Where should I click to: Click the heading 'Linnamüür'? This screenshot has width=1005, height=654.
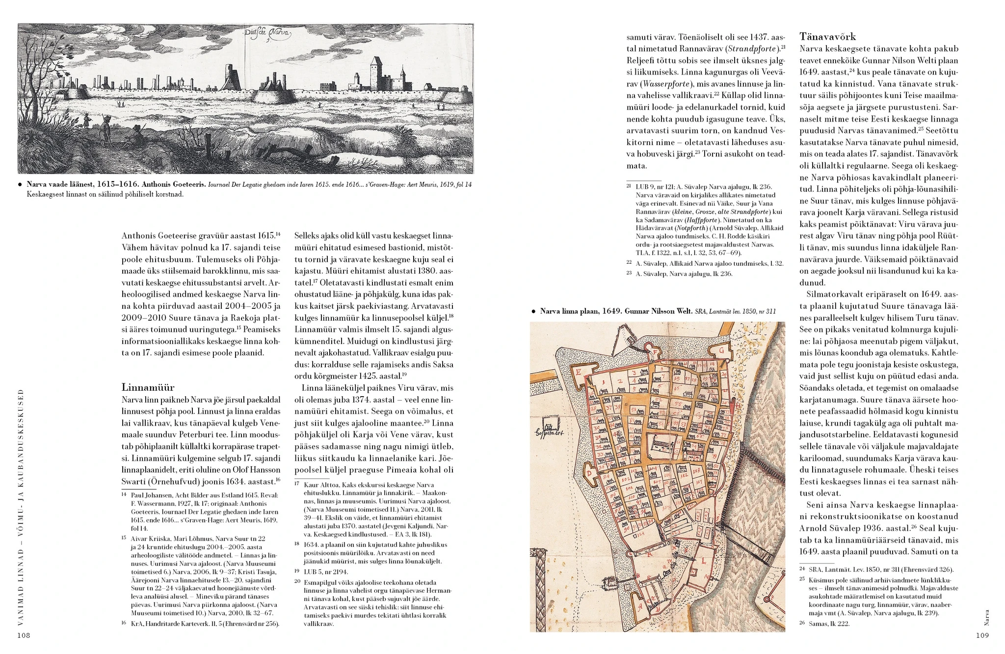[x=148, y=387]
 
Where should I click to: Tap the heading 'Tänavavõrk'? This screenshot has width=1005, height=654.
[x=828, y=36]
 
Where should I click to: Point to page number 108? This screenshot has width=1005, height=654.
[x=24, y=635]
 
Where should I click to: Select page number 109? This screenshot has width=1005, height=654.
[x=981, y=635]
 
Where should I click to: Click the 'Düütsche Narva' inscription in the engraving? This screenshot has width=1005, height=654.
[x=268, y=34]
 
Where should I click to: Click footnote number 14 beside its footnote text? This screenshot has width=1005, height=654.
[x=125, y=495]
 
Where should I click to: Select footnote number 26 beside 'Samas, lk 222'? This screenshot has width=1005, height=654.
[x=802, y=624]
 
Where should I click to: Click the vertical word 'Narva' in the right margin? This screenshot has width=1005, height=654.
[x=986, y=616]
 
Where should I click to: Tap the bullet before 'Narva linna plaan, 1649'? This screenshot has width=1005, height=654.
[x=533, y=311]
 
